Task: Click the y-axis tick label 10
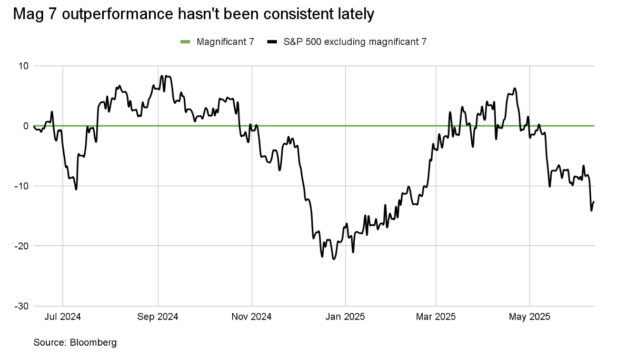tap(24, 66)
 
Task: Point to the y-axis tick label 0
tap(26, 126)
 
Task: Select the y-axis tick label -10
tap(23, 186)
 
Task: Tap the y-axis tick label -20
tap(23, 246)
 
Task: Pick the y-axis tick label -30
tap(23, 306)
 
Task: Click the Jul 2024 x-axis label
tap(63, 317)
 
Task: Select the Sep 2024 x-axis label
tap(158, 317)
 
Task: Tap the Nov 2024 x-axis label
tap(252, 317)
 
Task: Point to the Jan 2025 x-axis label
tap(345, 317)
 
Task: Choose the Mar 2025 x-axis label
tap(435, 317)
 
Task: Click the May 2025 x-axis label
tap(530, 317)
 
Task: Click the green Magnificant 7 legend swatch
tap(185, 42)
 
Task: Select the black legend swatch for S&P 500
tap(272, 42)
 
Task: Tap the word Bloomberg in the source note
tap(93, 343)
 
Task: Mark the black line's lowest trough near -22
tap(333, 259)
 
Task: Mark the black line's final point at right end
tap(594, 202)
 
